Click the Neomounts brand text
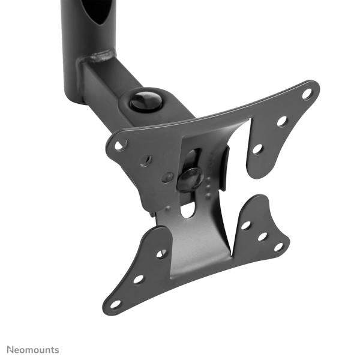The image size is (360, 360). (x=33, y=349)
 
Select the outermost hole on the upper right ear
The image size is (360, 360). (x=307, y=94)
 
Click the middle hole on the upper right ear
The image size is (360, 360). (x=281, y=121)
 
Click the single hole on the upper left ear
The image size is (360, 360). (x=121, y=145)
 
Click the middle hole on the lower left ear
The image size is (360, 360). (x=139, y=279)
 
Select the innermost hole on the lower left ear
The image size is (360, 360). (x=161, y=254)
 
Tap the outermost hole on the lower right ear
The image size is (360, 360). (x=278, y=246)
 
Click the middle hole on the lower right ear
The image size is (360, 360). (x=262, y=236)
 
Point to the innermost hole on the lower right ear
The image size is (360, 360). (x=245, y=226)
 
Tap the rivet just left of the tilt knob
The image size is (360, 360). (x=168, y=178)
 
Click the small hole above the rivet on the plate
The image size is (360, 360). (x=146, y=160)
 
